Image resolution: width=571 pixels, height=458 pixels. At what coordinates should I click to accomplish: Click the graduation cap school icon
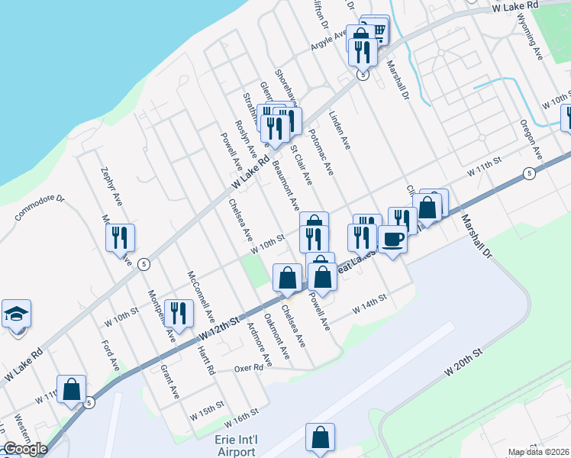pos(16,314)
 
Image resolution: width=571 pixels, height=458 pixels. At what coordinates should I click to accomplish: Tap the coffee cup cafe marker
pos(392,239)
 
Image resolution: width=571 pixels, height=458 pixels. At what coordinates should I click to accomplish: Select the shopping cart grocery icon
pos(375,30)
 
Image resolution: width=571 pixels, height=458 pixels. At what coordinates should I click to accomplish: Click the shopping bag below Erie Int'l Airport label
pos(320,437)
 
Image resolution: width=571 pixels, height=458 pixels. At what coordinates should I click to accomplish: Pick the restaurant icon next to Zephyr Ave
pos(120,238)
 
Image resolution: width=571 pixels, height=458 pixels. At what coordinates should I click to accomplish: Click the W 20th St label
pos(464,363)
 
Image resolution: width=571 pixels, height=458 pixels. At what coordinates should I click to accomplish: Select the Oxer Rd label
pos(248,367)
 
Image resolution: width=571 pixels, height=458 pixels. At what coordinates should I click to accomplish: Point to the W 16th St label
pos(243,417)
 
